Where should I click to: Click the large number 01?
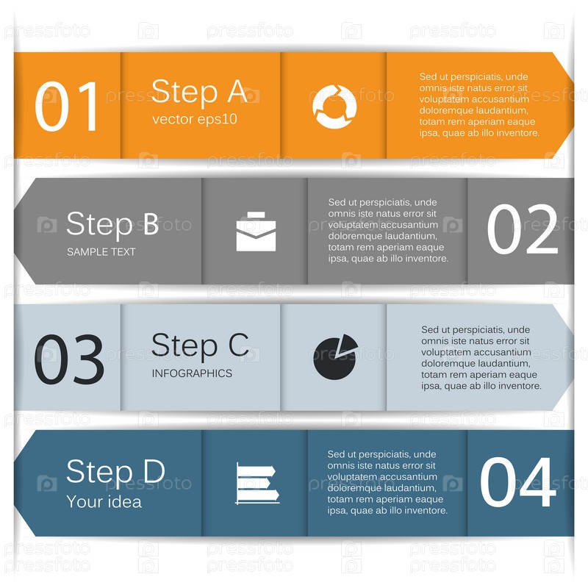(x=66, y=106)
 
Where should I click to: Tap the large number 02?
(x=523, y=229)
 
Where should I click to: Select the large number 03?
(x=69, y=359)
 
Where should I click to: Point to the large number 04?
(x=518, y=482)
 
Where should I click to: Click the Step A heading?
(x=199, y=91)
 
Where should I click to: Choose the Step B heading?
(x=112, y=224)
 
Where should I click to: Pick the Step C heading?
(x=200, y=346)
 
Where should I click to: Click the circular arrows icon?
(x=334, y=107)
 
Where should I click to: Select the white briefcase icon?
(x=256, y=232)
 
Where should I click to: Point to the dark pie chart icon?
(x=335, y=357)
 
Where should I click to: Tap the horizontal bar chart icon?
(x=258, y=483)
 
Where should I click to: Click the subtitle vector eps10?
(x=195, y=119)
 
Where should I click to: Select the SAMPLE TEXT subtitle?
(x=101, y=251)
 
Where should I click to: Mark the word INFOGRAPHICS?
(x=192, y=373)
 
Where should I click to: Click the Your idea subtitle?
(x=104, y=502)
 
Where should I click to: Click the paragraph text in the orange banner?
(x=479, y=104)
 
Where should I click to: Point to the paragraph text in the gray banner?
(x=388, y=230)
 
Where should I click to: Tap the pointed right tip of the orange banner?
(x=573, y=105)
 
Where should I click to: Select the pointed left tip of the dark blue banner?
(x=15, y=483)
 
